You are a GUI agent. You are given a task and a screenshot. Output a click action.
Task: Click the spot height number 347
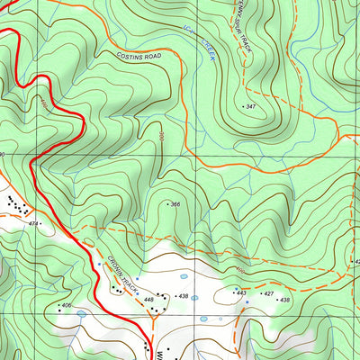pos(252,106)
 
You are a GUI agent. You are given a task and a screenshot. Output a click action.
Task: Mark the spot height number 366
pos(176,204)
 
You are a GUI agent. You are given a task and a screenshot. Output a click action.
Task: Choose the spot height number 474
pos(35,222)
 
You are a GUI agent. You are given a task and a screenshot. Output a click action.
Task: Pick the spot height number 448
pos(149,299)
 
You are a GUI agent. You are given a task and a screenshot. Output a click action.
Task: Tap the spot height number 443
pos(240,293)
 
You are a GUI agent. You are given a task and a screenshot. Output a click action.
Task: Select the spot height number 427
pos(267,293)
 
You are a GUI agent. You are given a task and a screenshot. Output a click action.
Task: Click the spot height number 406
pos(65,306)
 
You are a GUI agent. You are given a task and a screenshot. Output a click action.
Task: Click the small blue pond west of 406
pos(81,314)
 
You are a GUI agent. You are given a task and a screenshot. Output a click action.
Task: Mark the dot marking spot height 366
pos(166,204)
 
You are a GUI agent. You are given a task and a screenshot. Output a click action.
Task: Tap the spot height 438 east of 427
pos(285,300)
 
